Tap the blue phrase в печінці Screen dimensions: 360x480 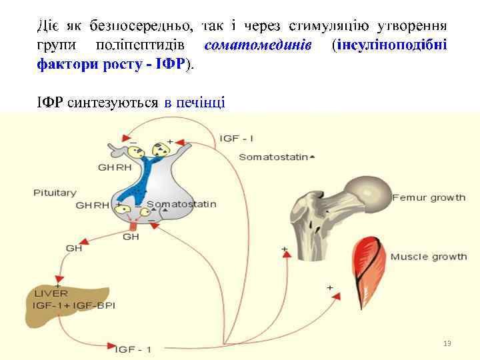click(x=194, y=103)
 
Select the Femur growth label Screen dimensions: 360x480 click(x=429, y=198)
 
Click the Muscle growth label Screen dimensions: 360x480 click(x=428, y=257)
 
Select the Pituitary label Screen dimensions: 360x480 click(x=55, y=193)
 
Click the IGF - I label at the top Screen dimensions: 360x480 click(x=237, y=138)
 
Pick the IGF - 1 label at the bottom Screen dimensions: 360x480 click(x=134, y=349)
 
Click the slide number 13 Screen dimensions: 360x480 click(x=447, y=343)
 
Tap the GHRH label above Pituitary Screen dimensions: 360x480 click(x=115, y=167)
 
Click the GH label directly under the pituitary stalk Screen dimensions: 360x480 click(x=131, y=236)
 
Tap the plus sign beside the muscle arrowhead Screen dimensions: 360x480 click(x=329, y=287)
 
